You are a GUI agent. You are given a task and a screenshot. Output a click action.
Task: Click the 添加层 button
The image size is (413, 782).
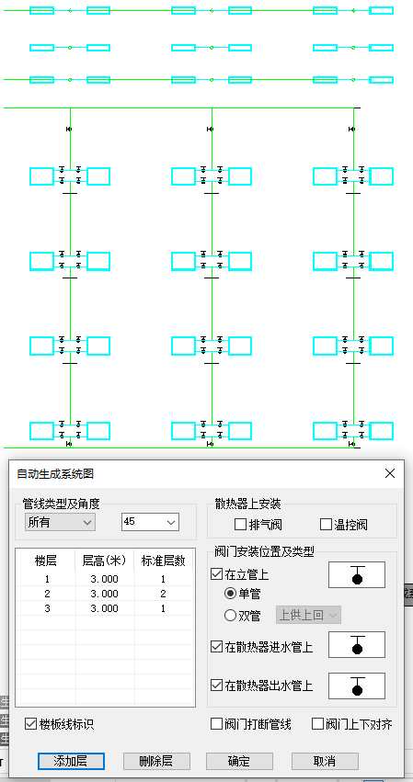tap(71, 761)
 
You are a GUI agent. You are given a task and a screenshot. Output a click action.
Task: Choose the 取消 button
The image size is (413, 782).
tap(325, 761)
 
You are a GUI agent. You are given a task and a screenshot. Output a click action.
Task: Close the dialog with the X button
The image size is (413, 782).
tap(389, 473)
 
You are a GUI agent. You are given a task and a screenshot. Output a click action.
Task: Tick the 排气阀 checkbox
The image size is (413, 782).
tap(241, 525)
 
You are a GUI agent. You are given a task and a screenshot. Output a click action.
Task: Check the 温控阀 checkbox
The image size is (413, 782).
tap(326, 525)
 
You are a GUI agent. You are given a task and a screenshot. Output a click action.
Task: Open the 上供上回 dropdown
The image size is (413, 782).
tap(308, 615)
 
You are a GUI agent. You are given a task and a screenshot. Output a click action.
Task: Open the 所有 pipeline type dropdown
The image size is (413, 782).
tap(61, 522)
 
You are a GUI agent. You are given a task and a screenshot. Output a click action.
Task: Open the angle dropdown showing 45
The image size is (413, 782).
tap(150, 522)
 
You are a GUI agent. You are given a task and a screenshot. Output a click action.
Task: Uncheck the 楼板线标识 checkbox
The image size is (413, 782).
tap(31, 724)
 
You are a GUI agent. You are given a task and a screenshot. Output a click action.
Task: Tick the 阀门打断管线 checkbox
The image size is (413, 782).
tap(217, 724)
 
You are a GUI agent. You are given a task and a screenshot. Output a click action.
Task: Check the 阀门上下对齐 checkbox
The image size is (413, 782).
tap(318, 724)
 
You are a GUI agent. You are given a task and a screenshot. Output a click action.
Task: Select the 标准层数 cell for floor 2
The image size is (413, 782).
tap(163, 594)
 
